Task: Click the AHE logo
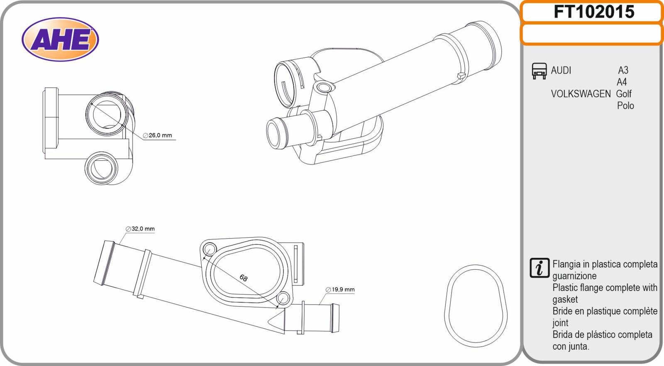(x=60, y=39)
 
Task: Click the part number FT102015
(x=594, y=12)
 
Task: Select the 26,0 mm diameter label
(x=157, y=135)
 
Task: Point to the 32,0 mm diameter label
(x=140, y=229)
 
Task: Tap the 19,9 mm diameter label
(x=340, y=290)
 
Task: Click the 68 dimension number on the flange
(x=243, y=278)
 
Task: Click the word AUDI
(x=561, y=70)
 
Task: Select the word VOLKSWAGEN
(x=581, y=94)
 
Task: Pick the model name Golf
(x=624, y=94)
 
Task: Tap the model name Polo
(x=625, y=106)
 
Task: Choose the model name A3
(x=623, y=70)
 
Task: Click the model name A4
(x=622, y=82)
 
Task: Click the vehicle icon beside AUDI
(x=539, y=71)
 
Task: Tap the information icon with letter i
(x=539, y=268)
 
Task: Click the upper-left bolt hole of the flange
(x=210, y=249)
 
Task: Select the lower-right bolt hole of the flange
(x=283, y=298)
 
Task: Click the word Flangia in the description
(x=566, y=264)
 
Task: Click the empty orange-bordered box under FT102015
(x=592, y=34)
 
